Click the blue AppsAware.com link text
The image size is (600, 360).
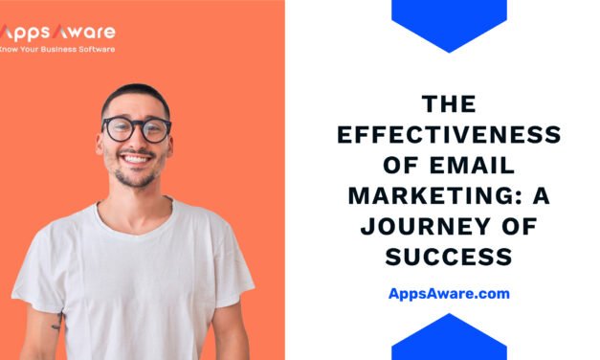449,294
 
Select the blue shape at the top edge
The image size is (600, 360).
449,21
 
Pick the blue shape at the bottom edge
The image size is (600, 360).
449,339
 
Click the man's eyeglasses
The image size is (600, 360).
136,129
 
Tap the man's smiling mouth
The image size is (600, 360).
136,159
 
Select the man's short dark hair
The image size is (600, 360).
134,95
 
